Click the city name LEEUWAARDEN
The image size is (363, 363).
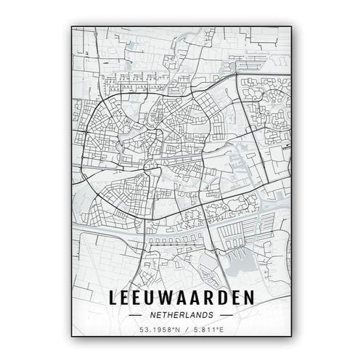181,298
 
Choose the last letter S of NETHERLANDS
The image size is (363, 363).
211,316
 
